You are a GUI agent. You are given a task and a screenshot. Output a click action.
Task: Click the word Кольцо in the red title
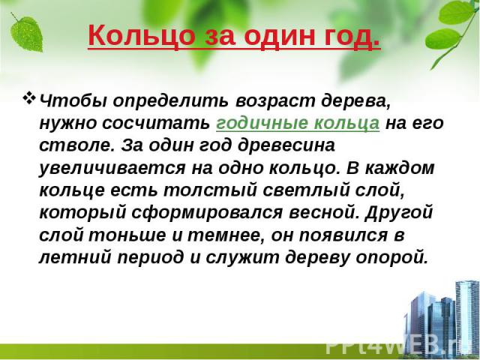click(x=142, y=35)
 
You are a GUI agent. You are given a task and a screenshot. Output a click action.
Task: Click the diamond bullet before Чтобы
click(x=28, y=98)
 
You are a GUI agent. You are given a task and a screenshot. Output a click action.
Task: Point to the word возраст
click(x=275, y=102)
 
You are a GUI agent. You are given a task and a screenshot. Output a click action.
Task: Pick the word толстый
click(x=210, y=190)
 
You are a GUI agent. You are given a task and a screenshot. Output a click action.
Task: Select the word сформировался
click(x=207, y=213)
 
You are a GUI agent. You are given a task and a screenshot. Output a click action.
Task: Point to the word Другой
click(x=399, y=213)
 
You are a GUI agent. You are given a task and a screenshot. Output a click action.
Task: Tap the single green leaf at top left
click(x=26, y=33)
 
